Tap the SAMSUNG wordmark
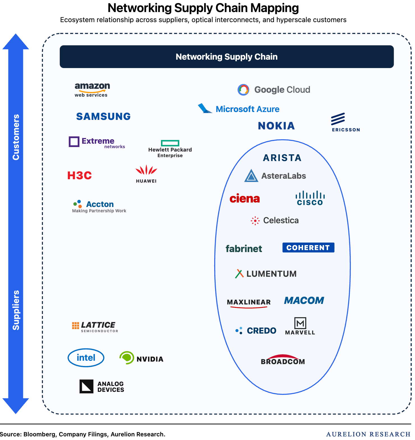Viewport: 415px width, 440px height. (103, 117)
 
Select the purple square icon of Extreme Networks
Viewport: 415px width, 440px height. (74, 141)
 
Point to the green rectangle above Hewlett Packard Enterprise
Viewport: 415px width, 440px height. (170, 143)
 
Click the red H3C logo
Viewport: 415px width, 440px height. (80, 176)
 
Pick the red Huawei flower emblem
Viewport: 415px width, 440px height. (146, 170)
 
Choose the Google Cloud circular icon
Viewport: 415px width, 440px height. (243, 90)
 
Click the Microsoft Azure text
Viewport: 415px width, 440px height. (248, 109)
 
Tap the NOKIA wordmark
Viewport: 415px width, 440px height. (276, 126)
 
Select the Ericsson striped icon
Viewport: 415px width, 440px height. (338, 119)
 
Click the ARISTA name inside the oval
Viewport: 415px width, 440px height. (282, 158)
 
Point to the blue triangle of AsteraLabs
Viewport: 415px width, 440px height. (251, 176)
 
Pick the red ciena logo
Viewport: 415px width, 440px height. (245, 198)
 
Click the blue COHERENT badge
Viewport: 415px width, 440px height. (308, 248)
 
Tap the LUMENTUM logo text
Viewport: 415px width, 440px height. (271, 274)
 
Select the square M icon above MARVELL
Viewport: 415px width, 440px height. (300, 323)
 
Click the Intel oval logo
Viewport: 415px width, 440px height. (86, 358)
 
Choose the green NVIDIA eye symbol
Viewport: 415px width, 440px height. (127, 358)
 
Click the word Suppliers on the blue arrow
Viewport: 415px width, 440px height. (16, 310)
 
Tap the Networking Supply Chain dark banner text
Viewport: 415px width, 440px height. (227, 57)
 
